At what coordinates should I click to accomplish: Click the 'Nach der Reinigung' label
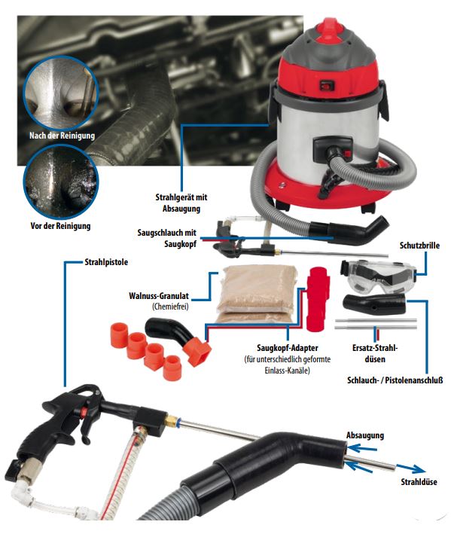(62, 136)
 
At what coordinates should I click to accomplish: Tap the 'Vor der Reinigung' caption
(60, 226)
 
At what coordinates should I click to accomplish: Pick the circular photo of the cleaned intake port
(61, 93)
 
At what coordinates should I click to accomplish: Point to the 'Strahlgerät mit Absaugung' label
(181, 203)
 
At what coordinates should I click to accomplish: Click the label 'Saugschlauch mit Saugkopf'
(167, 238)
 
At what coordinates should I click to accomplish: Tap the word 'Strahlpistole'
(106, 262)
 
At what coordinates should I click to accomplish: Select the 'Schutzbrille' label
(419, 246)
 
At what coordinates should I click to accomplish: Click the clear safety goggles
(378, 275)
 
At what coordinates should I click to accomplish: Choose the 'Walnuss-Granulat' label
(159, 296)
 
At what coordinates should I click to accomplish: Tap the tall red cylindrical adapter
(318, 298)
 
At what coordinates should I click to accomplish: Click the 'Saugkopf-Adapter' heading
(288, 347)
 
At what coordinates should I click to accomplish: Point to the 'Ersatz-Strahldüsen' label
(375, 353)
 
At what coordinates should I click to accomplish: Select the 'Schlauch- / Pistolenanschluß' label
(395, 380)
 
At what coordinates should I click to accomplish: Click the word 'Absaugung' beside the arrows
(365, 435)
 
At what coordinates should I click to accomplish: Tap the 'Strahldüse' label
(419, 482)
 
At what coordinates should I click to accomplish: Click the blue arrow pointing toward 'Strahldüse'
(410, 468)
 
